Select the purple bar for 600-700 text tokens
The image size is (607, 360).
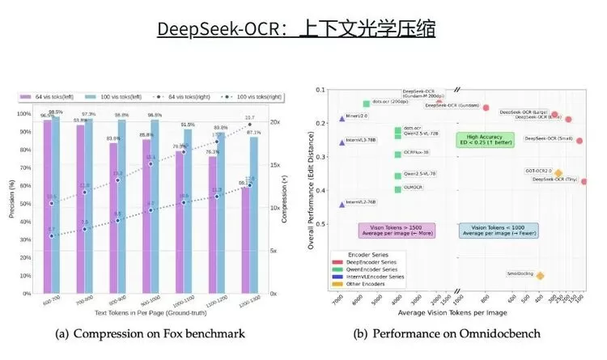point(47,202)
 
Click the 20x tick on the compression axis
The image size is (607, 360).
point(275,123)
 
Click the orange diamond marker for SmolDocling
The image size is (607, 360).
point(540,276)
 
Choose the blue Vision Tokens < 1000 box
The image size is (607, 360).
point(490,230)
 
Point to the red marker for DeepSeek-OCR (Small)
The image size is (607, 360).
point(579,140)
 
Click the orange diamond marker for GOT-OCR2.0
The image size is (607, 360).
point(558,172)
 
